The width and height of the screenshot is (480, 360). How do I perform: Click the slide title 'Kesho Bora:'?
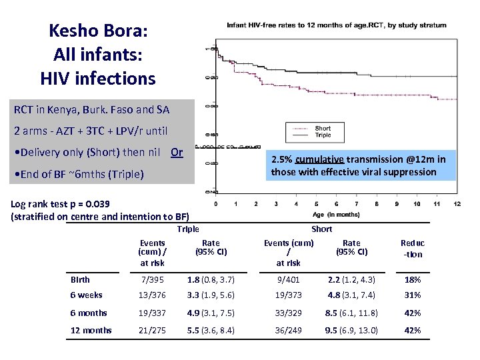[x=97, y=31]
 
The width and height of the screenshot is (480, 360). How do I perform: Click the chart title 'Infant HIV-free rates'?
[x=337, y=25]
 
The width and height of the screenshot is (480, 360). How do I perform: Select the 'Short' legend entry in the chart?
[x=323, y=128]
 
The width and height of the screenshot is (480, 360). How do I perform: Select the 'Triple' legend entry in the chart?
[x=323, y=135]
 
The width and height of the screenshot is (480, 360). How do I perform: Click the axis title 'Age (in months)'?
[x=336, y=214]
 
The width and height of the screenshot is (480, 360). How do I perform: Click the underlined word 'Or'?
[x=177, y=152]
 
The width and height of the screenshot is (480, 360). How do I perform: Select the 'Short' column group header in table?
[x=321, y=229]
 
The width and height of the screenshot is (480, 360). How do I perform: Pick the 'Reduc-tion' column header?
[x=412, y=248]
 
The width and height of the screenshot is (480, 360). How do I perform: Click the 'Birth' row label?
[x=81, y=279]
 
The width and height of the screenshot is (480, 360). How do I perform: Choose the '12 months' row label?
[x=91, y=330]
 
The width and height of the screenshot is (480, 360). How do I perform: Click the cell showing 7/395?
[x=152, y=279]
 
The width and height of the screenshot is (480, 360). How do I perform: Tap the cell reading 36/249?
[x=289, y=330]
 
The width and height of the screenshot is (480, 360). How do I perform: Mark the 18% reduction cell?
[x=412, y=279]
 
